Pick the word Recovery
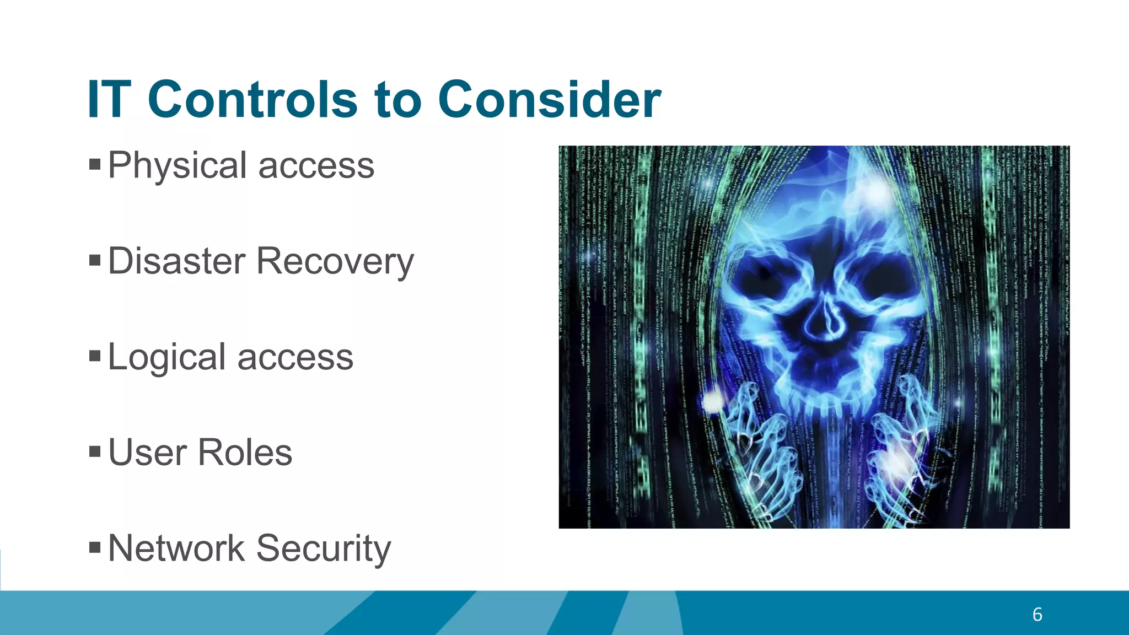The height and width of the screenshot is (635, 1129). click(335, 262)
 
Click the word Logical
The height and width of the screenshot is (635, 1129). click(167, 357)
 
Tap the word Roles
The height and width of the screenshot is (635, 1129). click(245, 453)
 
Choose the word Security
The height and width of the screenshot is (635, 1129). click(324, 549)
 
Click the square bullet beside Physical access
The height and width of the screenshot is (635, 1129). click(95, 164)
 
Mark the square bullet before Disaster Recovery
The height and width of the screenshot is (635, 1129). click(95, 260)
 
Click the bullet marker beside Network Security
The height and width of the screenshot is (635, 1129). click(95, 547)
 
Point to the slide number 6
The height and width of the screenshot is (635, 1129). click(1037, 615)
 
